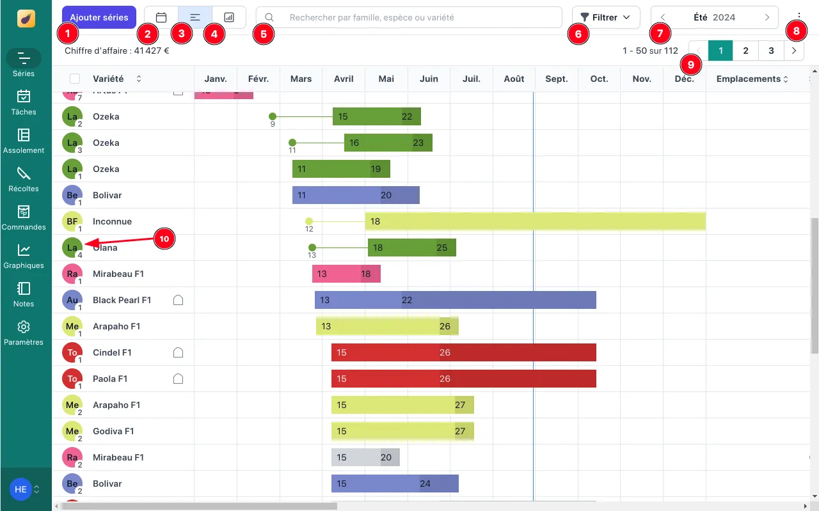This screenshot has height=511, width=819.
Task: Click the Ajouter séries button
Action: [x=99, y=17]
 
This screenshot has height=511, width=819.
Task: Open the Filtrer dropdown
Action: [x=605, y=17]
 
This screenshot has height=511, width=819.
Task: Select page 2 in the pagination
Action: [x=745, y=51]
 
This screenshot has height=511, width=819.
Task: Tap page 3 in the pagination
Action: [x=771, y=51]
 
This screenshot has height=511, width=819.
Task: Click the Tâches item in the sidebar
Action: [x=24, y=102]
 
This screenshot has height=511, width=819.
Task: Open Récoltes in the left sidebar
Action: [x=24, y=178]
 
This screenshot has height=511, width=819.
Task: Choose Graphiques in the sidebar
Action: [x=24, y=255]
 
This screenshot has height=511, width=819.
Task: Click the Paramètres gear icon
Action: [x=24, y=327]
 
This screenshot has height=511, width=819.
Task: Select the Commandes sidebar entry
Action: [x=24, y=217]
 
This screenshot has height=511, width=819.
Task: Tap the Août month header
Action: [x=514, y=79]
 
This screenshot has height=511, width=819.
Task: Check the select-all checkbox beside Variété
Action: [x=75, y=79]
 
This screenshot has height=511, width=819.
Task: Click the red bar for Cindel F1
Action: [x=463, y=352]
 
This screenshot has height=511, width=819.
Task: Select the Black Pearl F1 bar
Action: [x=455, y=300]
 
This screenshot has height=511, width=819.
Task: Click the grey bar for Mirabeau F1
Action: [x=365, y=457]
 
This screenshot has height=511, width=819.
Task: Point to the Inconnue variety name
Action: [x=112, y=221]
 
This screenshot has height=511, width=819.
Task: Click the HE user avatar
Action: [x=20, y=489]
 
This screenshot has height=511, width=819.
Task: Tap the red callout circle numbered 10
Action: [x=164, y=239]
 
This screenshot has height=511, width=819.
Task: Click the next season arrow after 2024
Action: [x=767, y=17]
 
